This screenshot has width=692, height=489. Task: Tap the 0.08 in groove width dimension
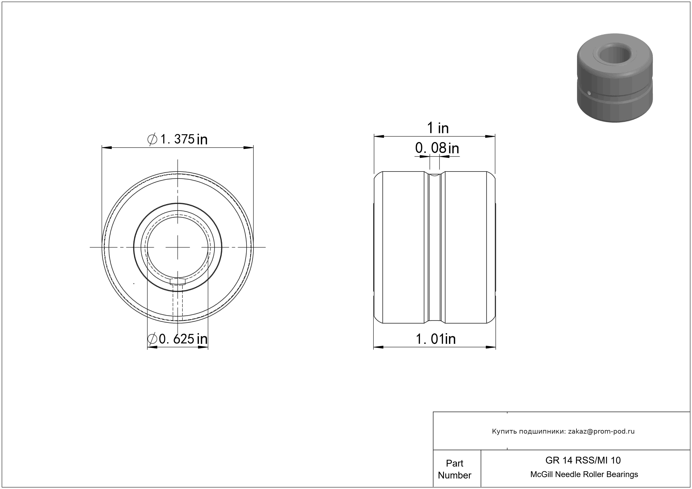click(437, 148)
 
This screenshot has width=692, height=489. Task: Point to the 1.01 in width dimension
click(436, 339)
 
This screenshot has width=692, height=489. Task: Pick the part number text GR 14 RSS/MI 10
click(583, 460)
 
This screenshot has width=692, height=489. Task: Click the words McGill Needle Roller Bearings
click(584, 474)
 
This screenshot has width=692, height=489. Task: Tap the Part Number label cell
click(455, 469)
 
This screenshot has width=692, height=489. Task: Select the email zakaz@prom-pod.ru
click(601, 431)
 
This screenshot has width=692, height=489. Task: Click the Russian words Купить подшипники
click(528, 431)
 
